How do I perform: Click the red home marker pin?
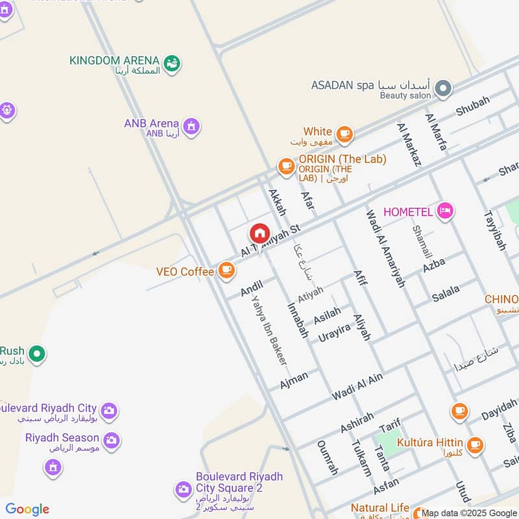point(259,234)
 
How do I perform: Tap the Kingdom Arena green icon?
point(173,63)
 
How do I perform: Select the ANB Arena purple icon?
point(191,126)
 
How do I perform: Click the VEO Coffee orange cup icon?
point(226,270)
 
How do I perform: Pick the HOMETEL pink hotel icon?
point(444,210)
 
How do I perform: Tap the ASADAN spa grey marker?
point(443,88)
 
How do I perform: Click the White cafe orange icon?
point(344,134)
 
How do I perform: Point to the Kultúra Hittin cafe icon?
point(476,444)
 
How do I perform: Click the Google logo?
point(27,509)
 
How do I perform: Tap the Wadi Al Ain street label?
point(357,386)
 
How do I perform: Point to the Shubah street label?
point(473,106)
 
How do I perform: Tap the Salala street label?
point(446,294)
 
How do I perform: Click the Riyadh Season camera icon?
point(111,441)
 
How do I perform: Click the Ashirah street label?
point(357,422)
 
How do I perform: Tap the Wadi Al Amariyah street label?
point(385,248)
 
